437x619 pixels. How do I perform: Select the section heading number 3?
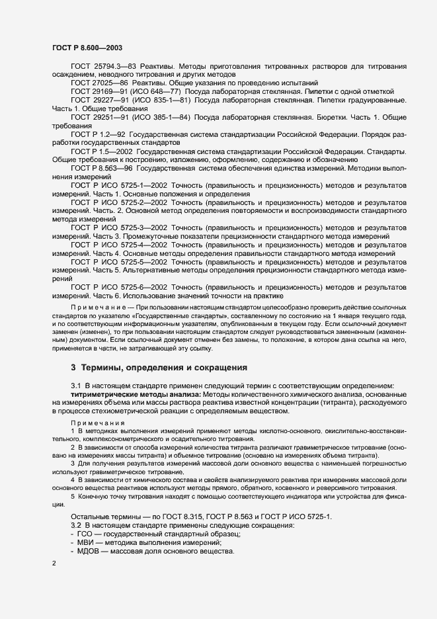coord(73,367)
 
